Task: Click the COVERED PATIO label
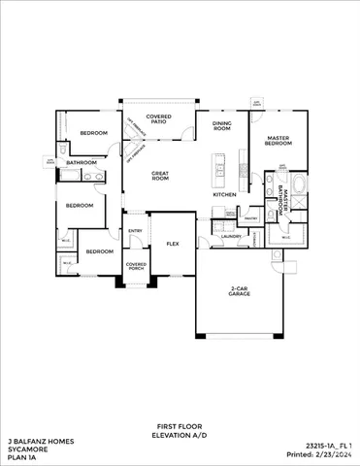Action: [159, 119]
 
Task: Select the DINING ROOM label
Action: [222, 126]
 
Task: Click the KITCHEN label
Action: [224, 194]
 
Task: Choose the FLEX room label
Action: [173, 243]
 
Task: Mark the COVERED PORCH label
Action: [136, 266]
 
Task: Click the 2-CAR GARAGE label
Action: [241, 290]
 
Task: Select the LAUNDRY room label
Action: [231, 236]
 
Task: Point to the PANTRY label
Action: [249, 218]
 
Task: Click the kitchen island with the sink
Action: [218, 171]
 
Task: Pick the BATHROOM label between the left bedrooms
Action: [82, 162]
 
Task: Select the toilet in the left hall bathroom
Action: [63, 151]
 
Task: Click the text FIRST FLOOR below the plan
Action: [179, 426]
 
